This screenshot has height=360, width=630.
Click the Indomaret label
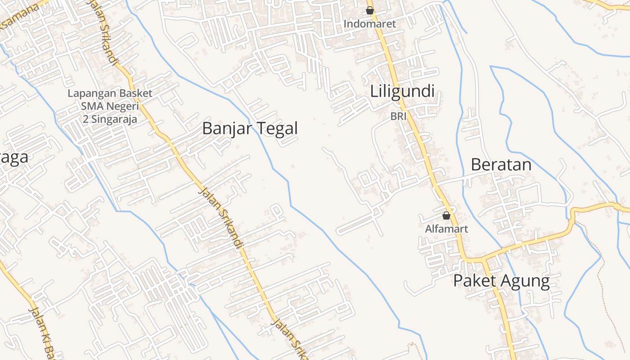pos(370,24)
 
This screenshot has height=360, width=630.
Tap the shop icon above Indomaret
pos(370,10)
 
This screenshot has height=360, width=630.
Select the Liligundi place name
pos(402,92)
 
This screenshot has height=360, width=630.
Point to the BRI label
pos(398,116)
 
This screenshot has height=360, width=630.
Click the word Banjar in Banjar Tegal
pos(225,129)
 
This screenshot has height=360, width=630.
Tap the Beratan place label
pos(501,165)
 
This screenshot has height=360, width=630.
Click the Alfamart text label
pos(446,229)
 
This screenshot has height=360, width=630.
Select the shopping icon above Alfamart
pos(446,216)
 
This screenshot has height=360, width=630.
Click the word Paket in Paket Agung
pos(474,281)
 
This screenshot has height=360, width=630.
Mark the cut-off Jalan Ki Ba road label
pos(43,333)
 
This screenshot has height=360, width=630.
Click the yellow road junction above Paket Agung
pos(484,259)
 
